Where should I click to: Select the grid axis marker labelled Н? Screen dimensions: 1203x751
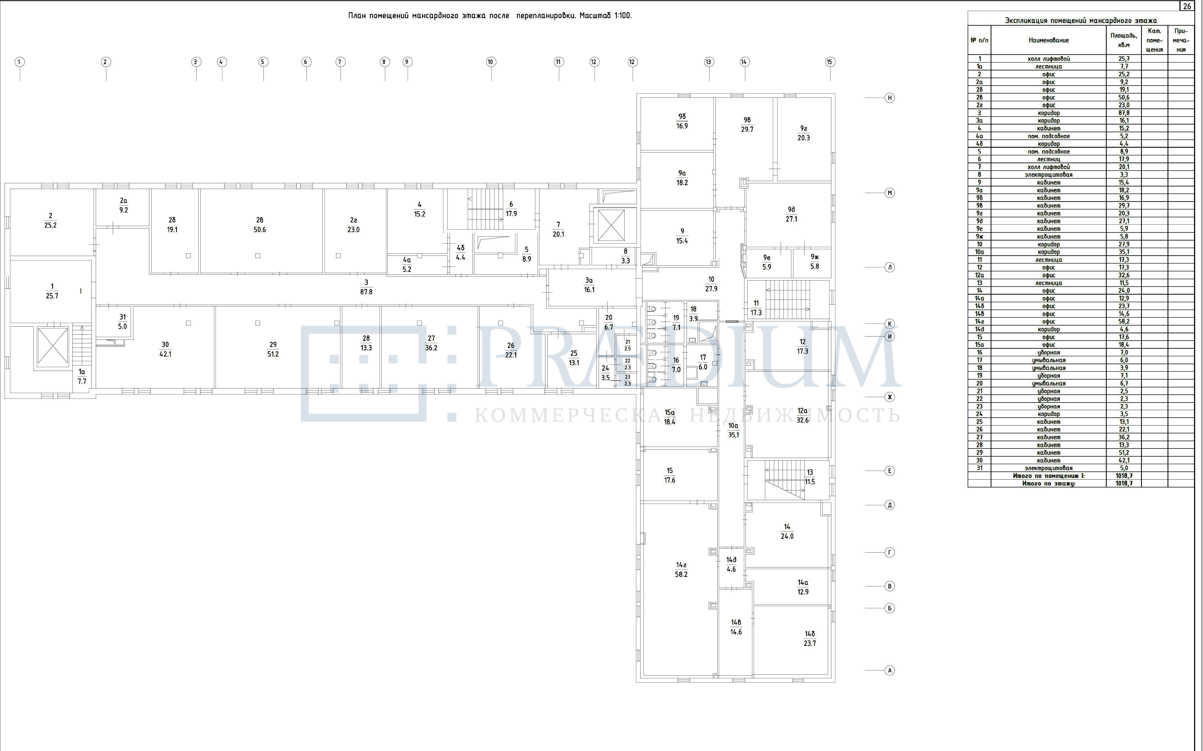click(889, 98)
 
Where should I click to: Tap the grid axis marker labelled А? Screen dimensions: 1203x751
click(889, 670)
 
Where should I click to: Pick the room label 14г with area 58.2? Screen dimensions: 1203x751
click(681, 570)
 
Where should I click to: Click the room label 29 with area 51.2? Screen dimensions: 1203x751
click(273, 349)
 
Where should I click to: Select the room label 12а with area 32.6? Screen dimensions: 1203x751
click(803, 415)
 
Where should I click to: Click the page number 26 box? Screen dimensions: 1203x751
click(1186, 6)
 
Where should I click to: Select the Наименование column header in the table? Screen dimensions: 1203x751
click(1049, 40)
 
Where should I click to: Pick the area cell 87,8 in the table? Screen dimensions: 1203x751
click(1124, 113)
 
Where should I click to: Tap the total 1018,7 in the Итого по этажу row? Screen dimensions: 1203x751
click(1124, 483)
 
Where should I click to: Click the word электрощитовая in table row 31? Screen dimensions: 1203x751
click(1049, 468)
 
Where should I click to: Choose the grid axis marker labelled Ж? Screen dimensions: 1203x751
click(889, 397)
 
